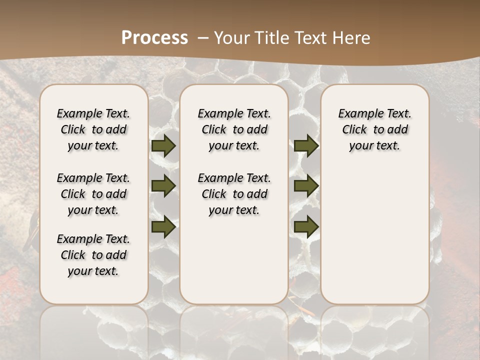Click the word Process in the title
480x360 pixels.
[x=154, y=38]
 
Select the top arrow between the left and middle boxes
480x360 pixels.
[x=163, y=146]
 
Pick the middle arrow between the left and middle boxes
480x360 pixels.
[x=163, y=186]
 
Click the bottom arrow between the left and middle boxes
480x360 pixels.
[x=163, y=226]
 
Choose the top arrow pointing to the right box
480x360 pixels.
[x=306, y=146]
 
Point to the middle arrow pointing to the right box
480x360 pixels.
[x=306, y=186]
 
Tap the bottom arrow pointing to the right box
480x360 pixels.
[x=306, y=226]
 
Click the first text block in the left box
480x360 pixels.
[x=93, y=129]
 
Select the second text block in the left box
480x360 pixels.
[x=93, y=194]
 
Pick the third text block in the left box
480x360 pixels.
[x=93, y=255]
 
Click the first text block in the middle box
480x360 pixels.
[x=234, y=129]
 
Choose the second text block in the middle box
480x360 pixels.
[x=234, y=194]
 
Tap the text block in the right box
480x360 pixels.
[x=374, y=129]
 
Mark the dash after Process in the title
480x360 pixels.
[x=203, y=38]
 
